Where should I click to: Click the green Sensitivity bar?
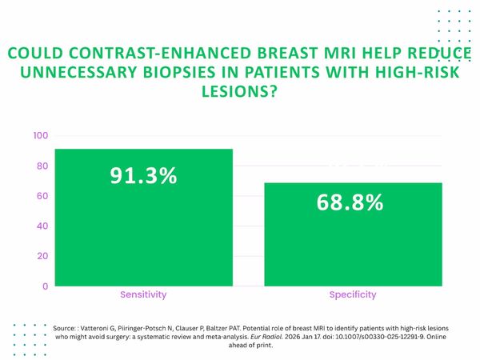(x=143, y=232)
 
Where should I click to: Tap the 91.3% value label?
(x=143, y=176)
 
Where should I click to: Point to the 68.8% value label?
(x=349, y=202)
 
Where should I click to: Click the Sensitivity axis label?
(x=143, y=294)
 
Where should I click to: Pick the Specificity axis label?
(x=353, y=294)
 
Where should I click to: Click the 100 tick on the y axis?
(x=40, y=136)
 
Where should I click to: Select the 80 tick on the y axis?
(x=42, y=166)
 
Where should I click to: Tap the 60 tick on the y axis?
(x=42, y=196)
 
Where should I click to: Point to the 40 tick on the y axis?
(x=42, y=226)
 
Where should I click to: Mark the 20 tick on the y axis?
(x=42, y=256)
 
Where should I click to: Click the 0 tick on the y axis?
(x=45, y=286)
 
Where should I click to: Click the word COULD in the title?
(x=33, y=54)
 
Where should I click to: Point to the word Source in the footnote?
(x=65, y=328)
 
